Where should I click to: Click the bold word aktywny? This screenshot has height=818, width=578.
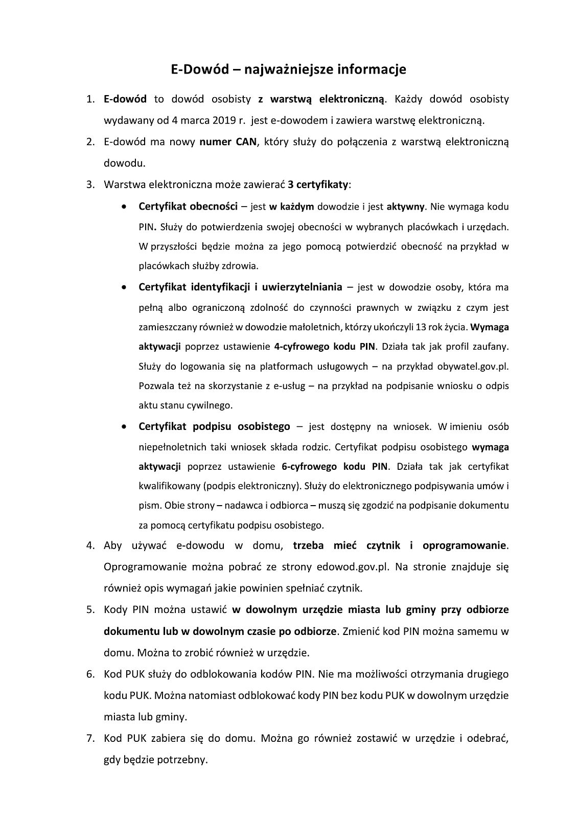(x=406, y=207)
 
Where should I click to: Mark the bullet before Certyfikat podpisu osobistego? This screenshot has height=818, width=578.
(x=124, y=426)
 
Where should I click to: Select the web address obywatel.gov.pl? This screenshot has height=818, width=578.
(x=473, y=366)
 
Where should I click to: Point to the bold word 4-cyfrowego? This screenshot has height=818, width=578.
(x=296, y=347)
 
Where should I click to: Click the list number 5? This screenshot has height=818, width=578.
(x=90, y=610)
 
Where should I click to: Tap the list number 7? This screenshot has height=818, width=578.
(x=90, y=738)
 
